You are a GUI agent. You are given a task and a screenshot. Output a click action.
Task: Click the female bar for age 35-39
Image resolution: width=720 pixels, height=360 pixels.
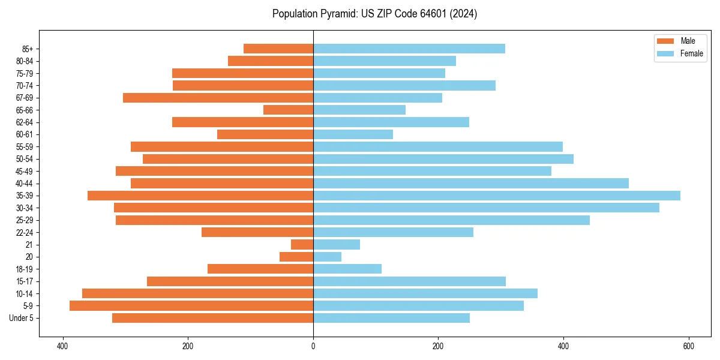click(x=497, y=196)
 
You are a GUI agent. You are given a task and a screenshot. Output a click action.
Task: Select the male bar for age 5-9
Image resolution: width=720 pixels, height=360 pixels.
click(x=191, y=306)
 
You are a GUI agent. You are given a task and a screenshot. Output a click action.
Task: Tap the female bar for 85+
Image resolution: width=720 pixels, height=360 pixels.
click(x=409, y=49)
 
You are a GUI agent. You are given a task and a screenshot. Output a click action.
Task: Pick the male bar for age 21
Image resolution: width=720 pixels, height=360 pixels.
click(x=302, y=245)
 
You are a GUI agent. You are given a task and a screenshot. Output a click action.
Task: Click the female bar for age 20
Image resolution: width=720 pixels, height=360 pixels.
click(x=328, y=257)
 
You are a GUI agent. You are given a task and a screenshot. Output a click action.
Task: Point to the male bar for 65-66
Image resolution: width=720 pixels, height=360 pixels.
click(x=289, y=110)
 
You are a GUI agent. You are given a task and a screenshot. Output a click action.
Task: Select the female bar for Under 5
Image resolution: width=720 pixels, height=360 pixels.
click(x=391, y=318)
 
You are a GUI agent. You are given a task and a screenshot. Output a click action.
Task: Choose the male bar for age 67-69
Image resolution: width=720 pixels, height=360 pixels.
click(x=218, y=98)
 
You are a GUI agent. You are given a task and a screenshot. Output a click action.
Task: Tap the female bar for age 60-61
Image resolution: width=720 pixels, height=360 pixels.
click(x=353, y=134)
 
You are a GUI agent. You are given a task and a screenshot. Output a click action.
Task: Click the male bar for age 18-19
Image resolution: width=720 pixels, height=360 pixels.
click(x=260, y=269)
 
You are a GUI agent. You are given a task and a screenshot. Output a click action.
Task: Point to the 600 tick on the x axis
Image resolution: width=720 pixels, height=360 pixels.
click(x=689, y=346)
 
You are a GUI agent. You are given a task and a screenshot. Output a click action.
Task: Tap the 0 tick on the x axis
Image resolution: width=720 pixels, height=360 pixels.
click(x=313, y=346)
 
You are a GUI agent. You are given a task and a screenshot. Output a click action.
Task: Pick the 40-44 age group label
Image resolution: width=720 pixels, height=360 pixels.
click(x=25, y=184)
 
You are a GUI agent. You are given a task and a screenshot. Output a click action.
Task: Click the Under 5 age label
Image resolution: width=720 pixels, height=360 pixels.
click(x=22, y=318)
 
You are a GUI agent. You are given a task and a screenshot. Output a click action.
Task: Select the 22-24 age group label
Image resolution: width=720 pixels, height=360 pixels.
click(x=25, y=232)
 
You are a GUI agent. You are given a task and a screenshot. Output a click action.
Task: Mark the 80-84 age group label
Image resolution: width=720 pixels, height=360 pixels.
click(x=25, y=61)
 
